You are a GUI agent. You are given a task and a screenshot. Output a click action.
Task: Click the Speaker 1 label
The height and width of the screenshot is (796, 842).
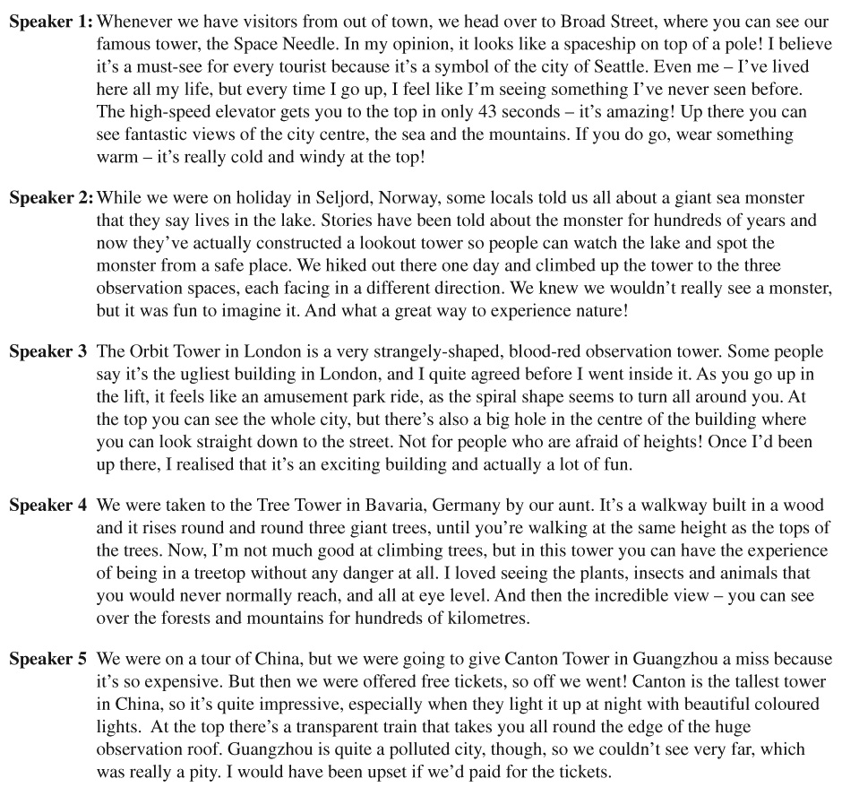click(x=50, y=21)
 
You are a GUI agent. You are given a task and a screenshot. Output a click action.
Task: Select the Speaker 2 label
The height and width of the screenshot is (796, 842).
click(x=50, y=198)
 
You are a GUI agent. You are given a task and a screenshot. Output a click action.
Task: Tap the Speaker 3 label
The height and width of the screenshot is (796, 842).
click(x=48, y=351)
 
